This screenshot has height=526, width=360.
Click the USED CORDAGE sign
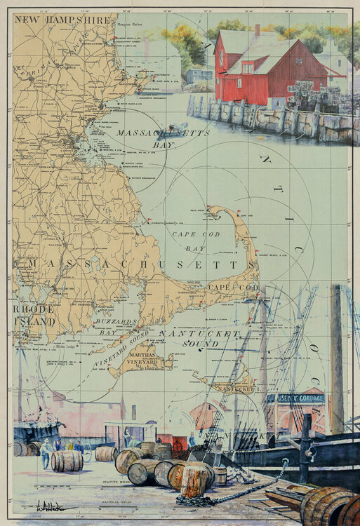(x=295, y=398)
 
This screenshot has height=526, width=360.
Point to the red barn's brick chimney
(x=257, y=30)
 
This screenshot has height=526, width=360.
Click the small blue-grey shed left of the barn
(x=199, y=75)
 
